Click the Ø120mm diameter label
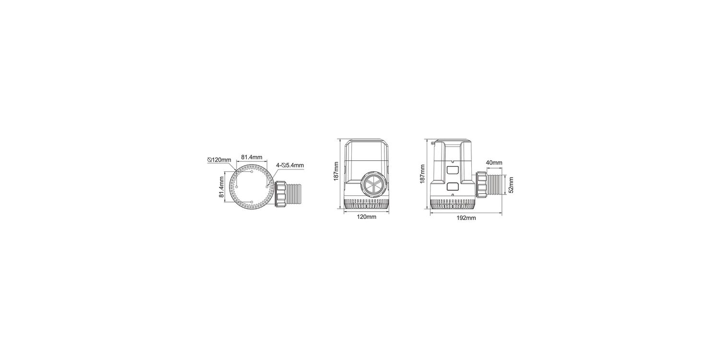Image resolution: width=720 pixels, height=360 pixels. [x=219, y=160]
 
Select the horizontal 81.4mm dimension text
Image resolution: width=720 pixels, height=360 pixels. [x=252, y=157]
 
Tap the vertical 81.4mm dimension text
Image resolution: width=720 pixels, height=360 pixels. [x=221, y=187]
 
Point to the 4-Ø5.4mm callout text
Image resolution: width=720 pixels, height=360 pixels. [x=290, y=165]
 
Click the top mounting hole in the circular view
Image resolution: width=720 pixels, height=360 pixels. [x=252, y=172]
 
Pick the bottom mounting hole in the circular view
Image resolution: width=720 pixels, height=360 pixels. [x=252, y=202]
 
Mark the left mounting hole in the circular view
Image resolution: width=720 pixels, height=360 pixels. [x=237, y=186]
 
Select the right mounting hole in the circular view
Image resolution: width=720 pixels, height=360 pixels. [x=267, y=186]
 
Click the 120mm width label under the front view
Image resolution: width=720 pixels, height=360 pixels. [x=366, y=217]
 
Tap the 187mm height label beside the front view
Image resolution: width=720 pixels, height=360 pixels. [x=336, y=171]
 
